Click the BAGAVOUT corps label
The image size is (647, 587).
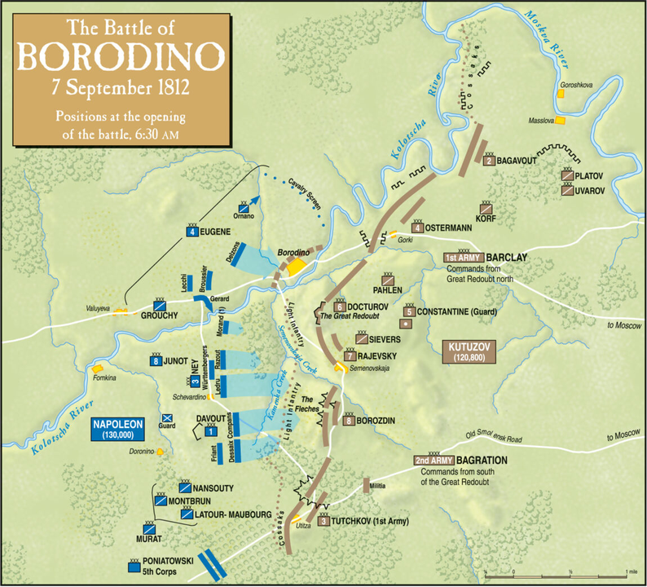click(517, 161)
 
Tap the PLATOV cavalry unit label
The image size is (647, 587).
click(591, 175)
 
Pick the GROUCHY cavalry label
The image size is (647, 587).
click(161, 315)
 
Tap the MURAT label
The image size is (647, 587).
click(149, 539)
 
